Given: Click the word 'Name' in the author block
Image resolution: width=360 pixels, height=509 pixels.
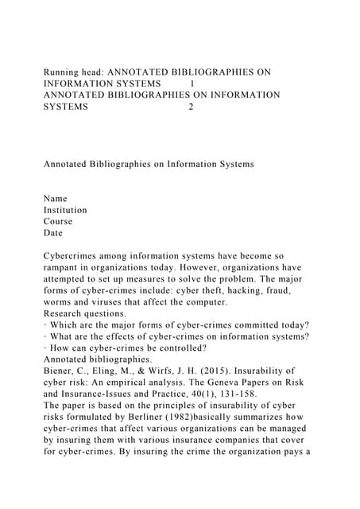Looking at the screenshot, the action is [x=56, y=199].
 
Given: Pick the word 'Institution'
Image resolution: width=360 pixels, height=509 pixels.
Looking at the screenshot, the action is [x=65, y=210].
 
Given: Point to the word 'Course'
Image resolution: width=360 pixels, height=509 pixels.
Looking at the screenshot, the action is [x=58, y=222].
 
